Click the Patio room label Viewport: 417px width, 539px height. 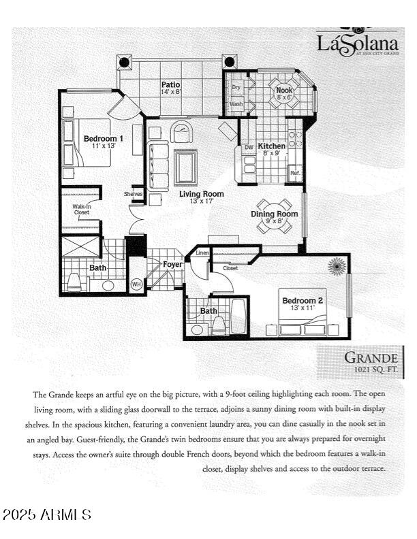click(170, 84)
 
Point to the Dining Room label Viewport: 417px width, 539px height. click(275, 214)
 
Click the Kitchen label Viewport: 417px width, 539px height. click(271, 146)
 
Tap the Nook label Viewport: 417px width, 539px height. click(283, 88)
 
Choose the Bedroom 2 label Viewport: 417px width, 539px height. click(303, 300)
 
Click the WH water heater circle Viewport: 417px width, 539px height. click(136, 284)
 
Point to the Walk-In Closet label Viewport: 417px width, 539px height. click(82, 210)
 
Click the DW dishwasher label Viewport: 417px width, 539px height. click(248, 147)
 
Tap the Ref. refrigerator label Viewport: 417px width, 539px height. click(295, 173)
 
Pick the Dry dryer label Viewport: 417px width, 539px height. click(236, 88)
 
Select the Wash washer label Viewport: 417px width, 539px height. click(236, 104)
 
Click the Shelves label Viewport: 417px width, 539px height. click(134, 194)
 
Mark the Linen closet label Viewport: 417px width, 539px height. click(202, 253)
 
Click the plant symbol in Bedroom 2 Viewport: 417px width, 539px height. click(337, 266)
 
